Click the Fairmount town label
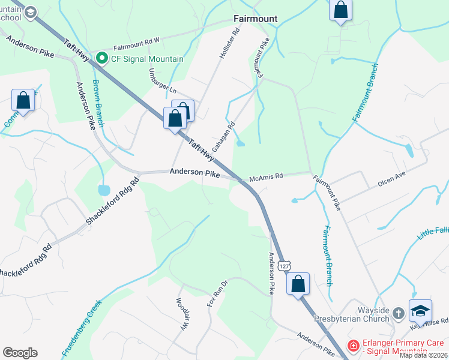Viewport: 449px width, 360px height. [x=255, y=19]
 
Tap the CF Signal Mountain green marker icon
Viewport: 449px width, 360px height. [x=102, y=59]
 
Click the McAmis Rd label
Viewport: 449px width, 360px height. [x=266, y=177]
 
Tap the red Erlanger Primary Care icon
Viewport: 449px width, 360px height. [x=354, y=346]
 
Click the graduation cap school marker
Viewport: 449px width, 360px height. [x=420, y=310]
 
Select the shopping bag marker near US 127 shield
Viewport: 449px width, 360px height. [x=298, y=284]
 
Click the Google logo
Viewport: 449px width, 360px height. [x=20, y=353]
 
